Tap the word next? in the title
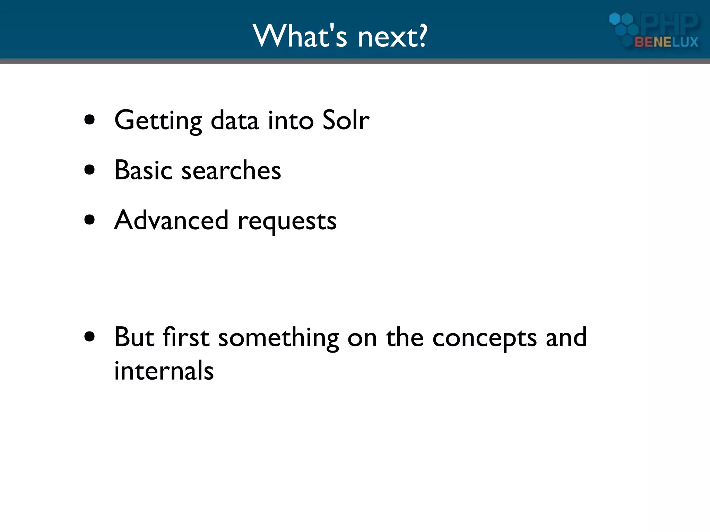coord(392,37)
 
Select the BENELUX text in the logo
coord(666,42)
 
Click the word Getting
coord(158,121)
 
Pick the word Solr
coord(346,120)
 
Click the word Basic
coord(143,170)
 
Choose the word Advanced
coord(171,220)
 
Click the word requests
coord(287,222)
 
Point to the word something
coord(278,338)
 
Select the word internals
coord(164,370)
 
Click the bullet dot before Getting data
coord(89,120)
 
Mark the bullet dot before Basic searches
coord(89,170)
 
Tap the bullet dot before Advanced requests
coord(89,220)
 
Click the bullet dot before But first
coord(89,337)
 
